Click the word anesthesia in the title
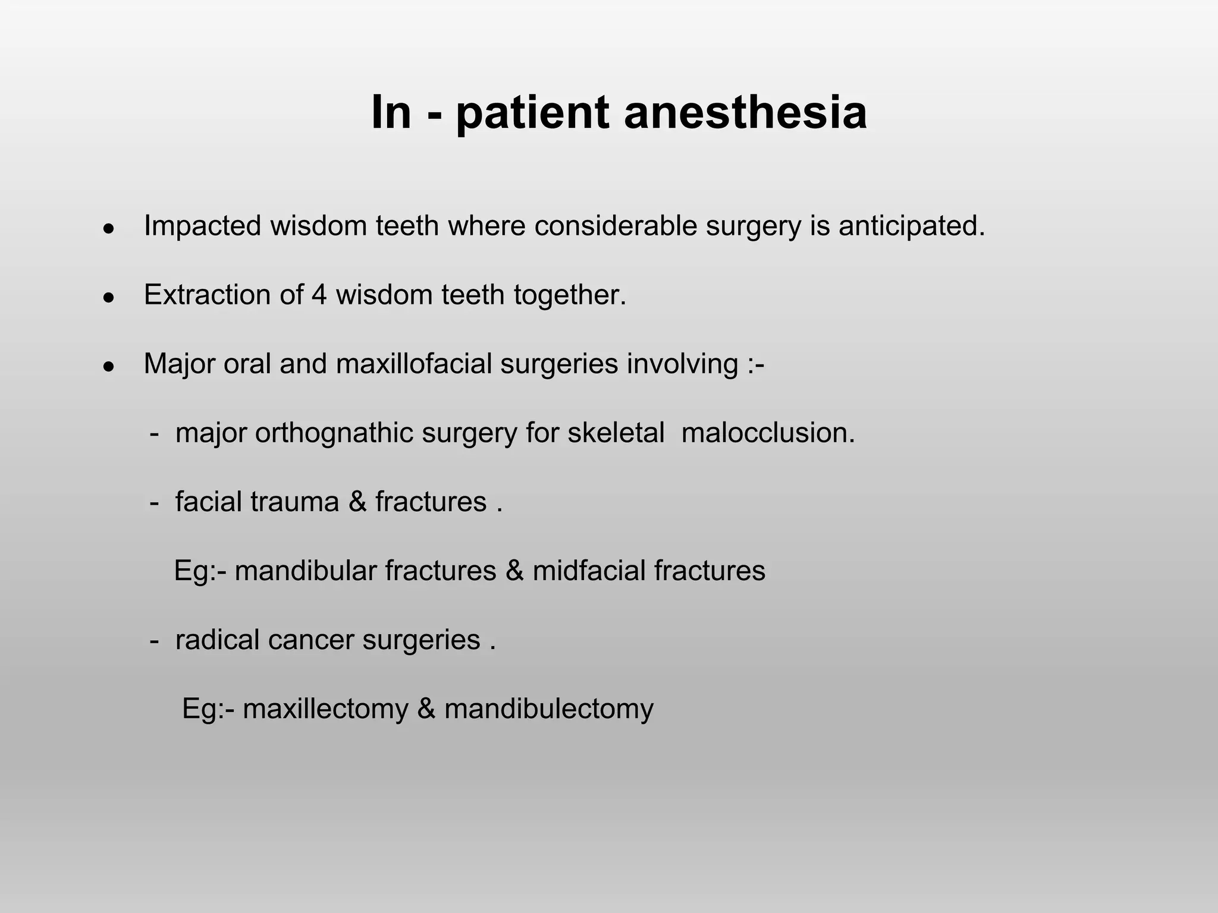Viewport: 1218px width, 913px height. [745, 113]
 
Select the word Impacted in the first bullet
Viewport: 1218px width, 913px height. [202, 226]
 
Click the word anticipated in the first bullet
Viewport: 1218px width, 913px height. [911, 226]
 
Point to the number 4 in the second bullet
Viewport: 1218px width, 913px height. [319, 295]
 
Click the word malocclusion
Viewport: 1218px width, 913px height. [767, 433]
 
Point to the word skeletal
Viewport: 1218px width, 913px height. [616, 433]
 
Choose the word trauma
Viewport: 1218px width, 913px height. [294, 502]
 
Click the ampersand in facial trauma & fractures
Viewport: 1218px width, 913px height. [357, 502]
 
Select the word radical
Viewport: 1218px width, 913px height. [216, 640]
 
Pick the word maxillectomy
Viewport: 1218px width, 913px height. [325, 709]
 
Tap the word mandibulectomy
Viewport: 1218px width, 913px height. [548, 709]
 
